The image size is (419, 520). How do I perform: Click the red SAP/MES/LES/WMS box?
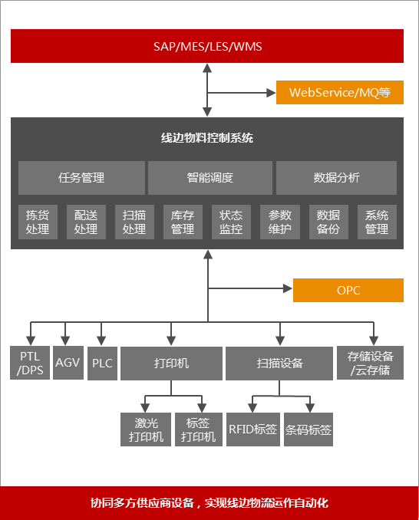(x=207, y=46)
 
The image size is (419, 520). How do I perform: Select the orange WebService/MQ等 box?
(x=340, y=92)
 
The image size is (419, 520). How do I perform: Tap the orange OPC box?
(x=348, y=290)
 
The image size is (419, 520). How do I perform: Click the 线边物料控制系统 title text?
(x=207, y=137)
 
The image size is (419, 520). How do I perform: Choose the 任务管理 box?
(x=81, y=178)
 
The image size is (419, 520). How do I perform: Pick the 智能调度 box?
(x=210, y=178)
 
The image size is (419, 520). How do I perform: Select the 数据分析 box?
(x=336, y=178)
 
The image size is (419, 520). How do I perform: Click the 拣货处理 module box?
(x=38, y=222)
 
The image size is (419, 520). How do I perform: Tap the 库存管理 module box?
(x=183, y=222)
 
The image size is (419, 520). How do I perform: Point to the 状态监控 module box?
(x=231, y=222)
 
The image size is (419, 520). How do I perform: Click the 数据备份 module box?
(x=328, y=222)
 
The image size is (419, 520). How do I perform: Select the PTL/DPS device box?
(x=30, y=363)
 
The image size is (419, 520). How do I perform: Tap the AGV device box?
(x=68, y=363)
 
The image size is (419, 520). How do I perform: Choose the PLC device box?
(x=102, y=364)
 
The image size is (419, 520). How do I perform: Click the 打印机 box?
(x=171, y=364)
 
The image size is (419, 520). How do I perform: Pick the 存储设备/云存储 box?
(x=370, y=363)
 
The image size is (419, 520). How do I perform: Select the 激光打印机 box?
(x=146, y=429)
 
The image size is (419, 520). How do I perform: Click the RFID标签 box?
(x=253, y=429)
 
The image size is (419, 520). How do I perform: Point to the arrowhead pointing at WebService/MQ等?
(x=272, y=93)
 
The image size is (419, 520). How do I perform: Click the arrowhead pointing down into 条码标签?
(x=310, y=408)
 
